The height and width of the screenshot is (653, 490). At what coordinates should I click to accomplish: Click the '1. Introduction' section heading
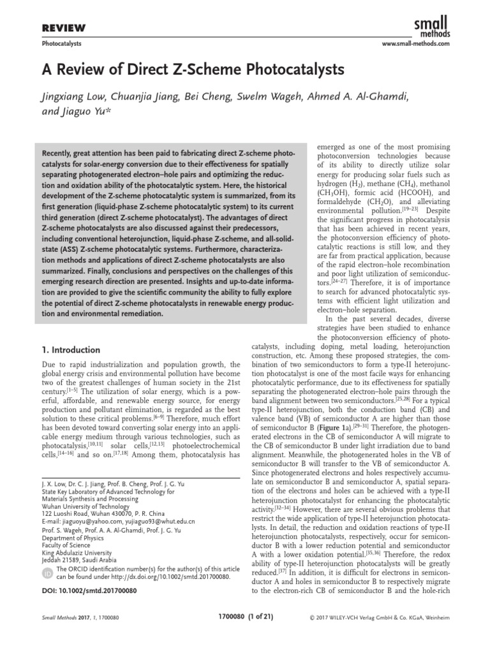pos(71,350)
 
